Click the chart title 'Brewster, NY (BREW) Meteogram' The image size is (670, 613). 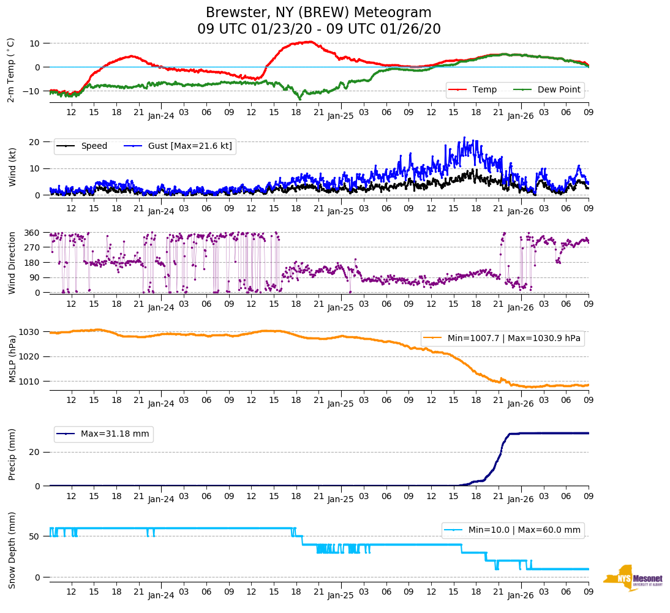click(318, 12)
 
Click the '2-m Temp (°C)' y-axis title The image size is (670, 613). click(11, 70)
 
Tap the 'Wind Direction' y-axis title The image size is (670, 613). click(12, 263)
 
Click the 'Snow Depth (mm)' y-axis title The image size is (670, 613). click(12, 550)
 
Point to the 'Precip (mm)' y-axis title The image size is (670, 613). click(12, 454)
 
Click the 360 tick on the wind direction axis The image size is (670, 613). click(32, 233)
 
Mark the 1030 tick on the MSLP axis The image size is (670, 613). click(30, 332)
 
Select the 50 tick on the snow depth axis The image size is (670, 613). click(36, 536)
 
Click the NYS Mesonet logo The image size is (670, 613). click(633, 577)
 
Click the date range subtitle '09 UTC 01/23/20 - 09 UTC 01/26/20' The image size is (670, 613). click(318, 29)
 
